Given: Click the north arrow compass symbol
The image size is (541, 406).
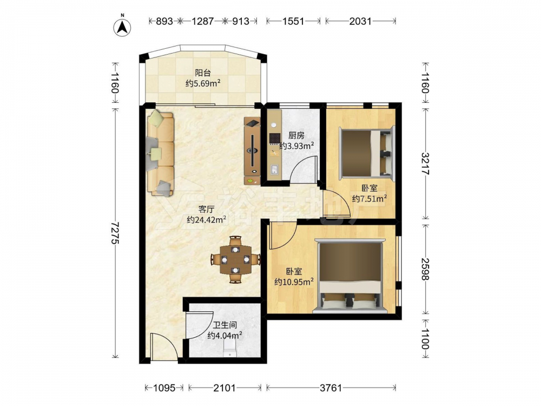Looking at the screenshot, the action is coord(122,25).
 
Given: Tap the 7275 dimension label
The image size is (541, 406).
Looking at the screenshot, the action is coord(115,232).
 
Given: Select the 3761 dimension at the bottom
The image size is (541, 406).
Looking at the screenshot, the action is coord(331,388).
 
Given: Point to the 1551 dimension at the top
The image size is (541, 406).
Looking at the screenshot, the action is coord(293,22).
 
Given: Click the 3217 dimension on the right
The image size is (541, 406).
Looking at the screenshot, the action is coord(425,163).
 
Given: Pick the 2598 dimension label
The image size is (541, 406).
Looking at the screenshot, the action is coord(425,269).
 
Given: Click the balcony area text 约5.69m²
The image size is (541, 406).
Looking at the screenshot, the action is coord(203,83).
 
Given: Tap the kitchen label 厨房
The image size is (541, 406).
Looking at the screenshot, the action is coord(296,135).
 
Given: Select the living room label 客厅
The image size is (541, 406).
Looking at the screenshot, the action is coord(206,209).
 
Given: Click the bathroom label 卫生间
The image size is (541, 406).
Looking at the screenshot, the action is coord(225,325).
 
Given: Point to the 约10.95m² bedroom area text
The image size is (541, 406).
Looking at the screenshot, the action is coord(294,281).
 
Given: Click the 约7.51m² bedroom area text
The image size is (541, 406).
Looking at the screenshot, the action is coord(369,199).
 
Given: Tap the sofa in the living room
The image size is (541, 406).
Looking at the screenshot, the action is coord(161,152).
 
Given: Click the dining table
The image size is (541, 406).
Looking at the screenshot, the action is coord(235,259).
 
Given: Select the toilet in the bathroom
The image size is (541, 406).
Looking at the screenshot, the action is coord(229,349).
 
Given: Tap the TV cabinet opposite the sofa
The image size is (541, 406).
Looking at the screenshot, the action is coord(252,150).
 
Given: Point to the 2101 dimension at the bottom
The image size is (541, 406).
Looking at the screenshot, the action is coord(225,388).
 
